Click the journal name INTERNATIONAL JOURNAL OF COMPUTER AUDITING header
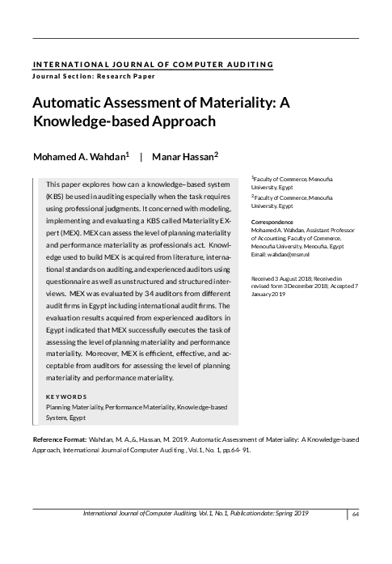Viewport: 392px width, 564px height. click(153, 64)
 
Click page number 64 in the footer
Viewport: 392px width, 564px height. click(356, 515)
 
